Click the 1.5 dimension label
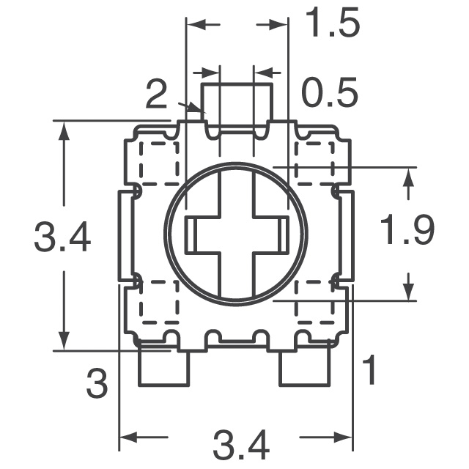(332, 23)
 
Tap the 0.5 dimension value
(330, 94)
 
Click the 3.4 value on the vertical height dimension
(62, 237)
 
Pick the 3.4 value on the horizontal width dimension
(241, 445)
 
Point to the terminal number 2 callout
(156, 94)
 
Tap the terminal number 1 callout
(370, 371)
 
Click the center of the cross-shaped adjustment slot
(237, 234)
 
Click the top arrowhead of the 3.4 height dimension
(64, 130)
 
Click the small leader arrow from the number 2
(196, 110)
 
